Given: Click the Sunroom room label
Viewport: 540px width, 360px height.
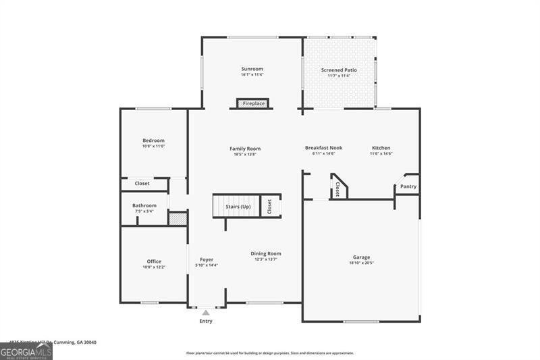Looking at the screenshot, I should (x=252, y=69).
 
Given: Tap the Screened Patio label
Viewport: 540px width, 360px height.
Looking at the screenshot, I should (x=339, y=70).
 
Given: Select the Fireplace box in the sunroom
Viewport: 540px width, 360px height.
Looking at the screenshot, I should (x=253, y=104).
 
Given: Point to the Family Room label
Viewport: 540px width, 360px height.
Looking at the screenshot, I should (x=244, y=149).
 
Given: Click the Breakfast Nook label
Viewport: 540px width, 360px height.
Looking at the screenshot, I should (x=323, y=148).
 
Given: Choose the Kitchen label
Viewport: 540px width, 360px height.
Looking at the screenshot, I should (x=381, y=148).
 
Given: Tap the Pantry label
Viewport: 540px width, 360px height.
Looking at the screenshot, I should (x=408, y=186).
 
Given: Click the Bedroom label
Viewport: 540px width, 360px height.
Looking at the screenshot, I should (x=153, y=140).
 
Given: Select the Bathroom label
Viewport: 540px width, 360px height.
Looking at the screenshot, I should (x=144, y=205).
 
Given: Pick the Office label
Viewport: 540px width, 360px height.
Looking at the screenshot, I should (x=154, y=261).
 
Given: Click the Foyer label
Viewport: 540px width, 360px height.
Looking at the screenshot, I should (x=207, y=259).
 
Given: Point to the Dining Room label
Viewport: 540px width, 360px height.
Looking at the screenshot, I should (x=266, y=253).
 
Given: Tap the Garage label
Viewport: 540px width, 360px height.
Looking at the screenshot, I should (x=361, y=257).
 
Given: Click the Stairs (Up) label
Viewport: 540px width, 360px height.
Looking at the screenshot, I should (x=237, y=206).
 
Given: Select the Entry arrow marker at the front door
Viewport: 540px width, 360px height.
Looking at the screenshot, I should (x=206, y=313).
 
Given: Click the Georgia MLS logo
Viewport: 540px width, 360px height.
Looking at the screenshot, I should (x=26, y=351).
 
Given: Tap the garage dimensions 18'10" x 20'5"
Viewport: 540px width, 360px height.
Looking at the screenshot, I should (x=361, y=263).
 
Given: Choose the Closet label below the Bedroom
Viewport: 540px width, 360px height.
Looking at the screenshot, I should (x=142, y=183).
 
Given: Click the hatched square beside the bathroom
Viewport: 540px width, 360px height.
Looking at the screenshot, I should (x=178, y=219).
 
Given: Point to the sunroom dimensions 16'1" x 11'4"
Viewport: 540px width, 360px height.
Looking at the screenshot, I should (x=252, y=75).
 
